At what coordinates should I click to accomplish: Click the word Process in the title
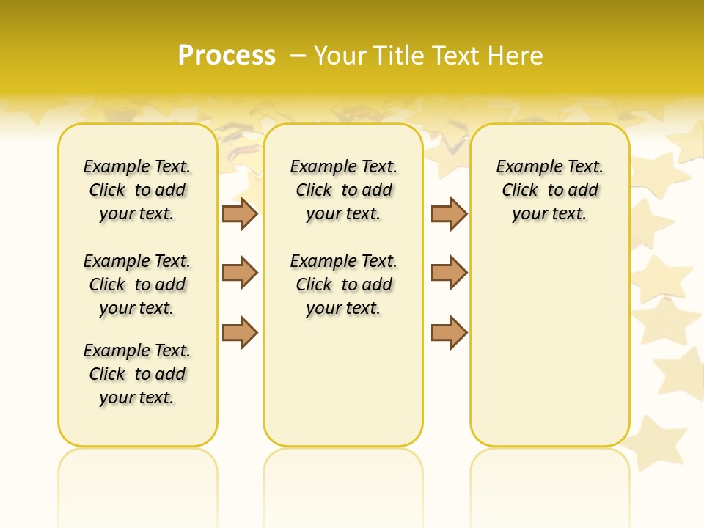click(x=227, y=56)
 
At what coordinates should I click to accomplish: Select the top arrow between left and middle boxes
click(x=240, y=213)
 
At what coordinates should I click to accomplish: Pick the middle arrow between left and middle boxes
click(x=240, y=273)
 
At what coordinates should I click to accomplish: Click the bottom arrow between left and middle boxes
click(x=240, y=332)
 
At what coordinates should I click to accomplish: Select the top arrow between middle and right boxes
click(x=449, y=213)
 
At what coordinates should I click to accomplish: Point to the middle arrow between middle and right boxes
click(x=449, y=273)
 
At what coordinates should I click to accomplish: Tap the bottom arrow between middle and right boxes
click(x=449, y=332)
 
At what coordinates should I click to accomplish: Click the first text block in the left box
click(x=137, y=190)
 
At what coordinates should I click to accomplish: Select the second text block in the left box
click(x=137, y=285)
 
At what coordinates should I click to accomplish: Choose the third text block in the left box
click(x=137, y=374)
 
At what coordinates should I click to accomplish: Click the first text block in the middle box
click(x=344, y=190)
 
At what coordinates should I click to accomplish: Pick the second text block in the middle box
click(x=344, y=285)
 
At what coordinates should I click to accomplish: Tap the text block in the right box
click(x=550, y=190)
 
